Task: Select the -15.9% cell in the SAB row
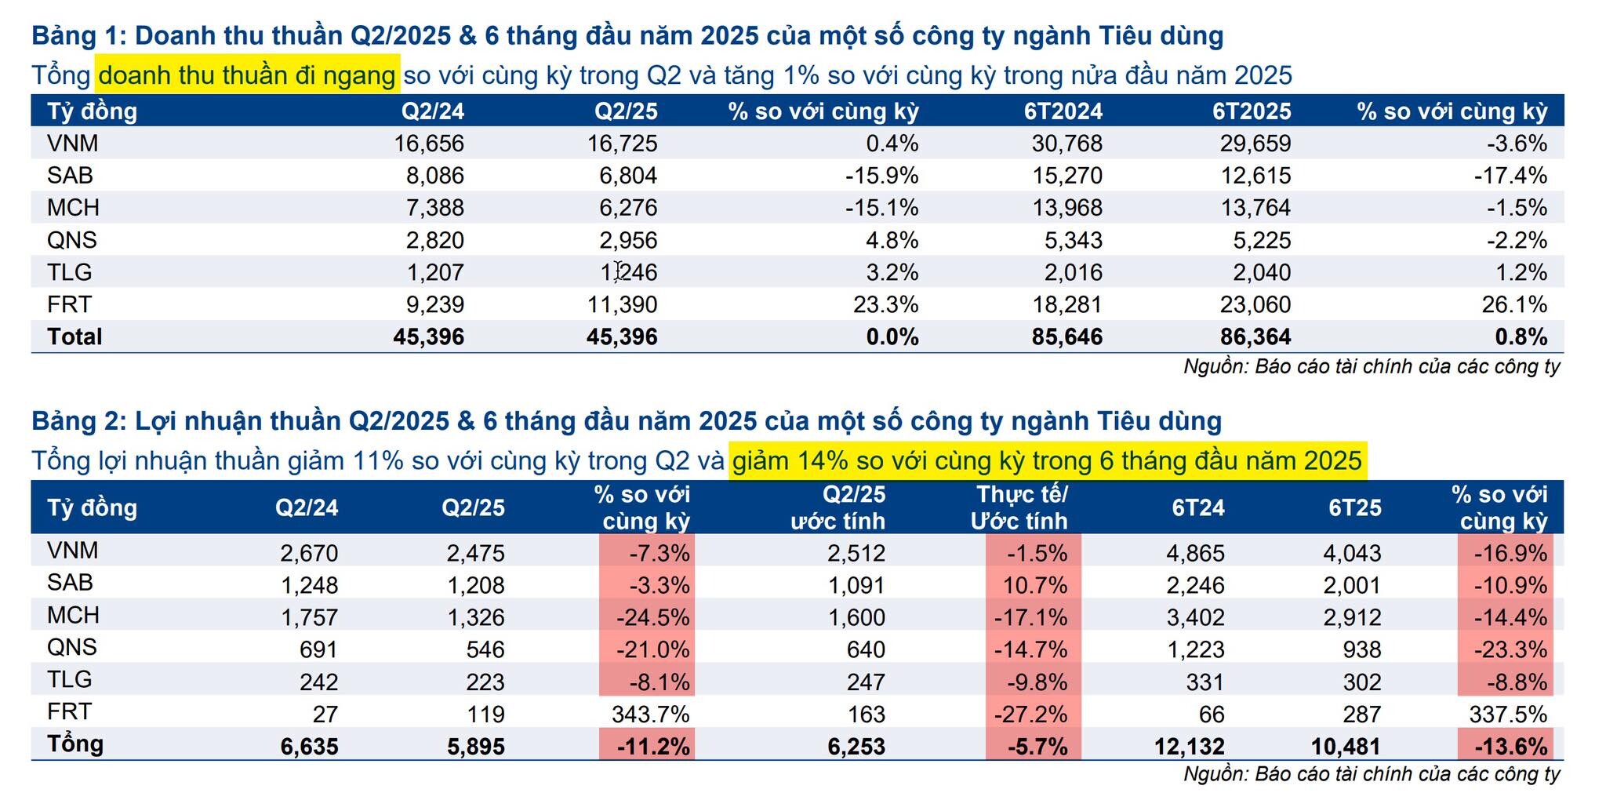(x=881, y=176)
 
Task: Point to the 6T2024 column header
(x=1063, y=111)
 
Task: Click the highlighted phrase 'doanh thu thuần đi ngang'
(x=247, y=75)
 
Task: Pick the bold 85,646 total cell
(x=1066, y=336)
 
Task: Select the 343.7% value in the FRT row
(x=650, y=714)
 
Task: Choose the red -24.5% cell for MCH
(x=652, y=617)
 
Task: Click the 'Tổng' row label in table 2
(x=74, y=744)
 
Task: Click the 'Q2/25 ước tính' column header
(x=838, y=507)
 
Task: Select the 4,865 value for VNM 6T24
(x=1195, y=553)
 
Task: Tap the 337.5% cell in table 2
(x=1507, y=714)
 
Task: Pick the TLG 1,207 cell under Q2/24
(x=434, y=272)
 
